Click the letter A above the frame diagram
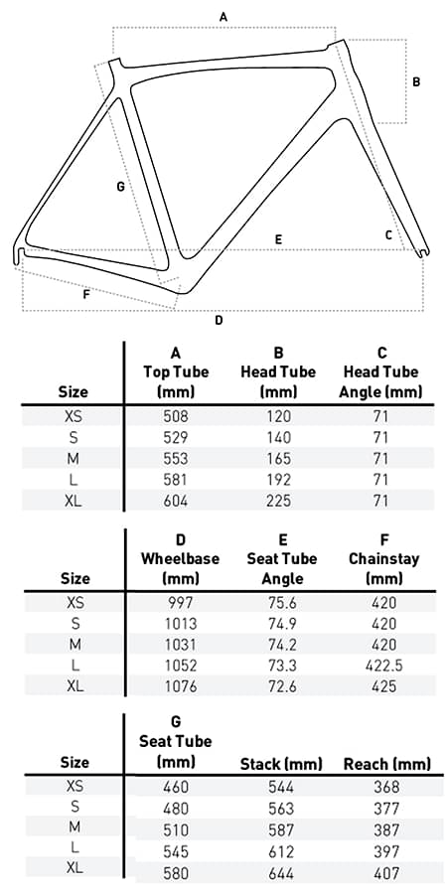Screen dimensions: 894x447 (223, 16)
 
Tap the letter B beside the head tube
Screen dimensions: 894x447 (416, 81)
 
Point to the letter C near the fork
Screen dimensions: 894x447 (389, 234)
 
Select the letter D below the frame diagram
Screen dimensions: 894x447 (219, 320)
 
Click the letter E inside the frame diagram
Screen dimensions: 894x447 (279, 239)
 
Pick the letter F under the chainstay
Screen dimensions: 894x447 (86, 294)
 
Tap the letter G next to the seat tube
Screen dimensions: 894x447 (120, 186)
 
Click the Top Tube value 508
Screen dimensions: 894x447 (175, 417)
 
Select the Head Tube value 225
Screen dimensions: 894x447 (279, 500)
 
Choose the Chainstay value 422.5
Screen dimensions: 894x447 (382, 665)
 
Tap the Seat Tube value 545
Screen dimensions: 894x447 (175, 851)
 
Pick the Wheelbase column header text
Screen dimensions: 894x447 (180, 558)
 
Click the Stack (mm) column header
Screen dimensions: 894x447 (281, 764)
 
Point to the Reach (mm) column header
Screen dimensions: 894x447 (386, 764)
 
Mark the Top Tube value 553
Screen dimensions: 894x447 (175, 459)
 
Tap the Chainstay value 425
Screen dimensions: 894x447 (382, 685)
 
